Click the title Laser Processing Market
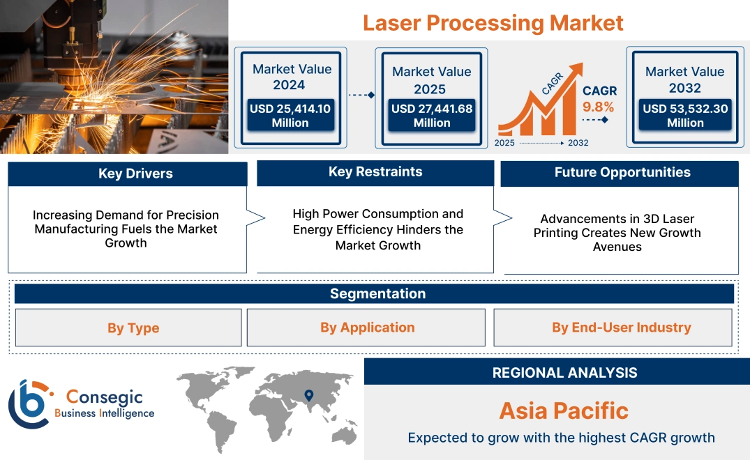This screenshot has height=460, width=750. (493, 22)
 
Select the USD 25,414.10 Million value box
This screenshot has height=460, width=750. (290, 116)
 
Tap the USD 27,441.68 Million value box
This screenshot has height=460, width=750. (431, 116)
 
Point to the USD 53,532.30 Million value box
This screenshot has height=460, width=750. (684, 116)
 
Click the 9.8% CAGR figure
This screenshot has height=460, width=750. (599, 107)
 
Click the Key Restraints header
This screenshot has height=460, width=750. (375, 172)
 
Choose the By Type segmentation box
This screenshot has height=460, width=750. (133, 328)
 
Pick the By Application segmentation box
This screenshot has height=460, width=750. (367, 328)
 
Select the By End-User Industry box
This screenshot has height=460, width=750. (621, 328)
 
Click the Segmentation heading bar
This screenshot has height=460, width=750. (377, 293)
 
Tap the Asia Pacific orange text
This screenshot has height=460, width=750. (564, 411)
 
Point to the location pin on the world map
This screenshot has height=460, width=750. (308, 396)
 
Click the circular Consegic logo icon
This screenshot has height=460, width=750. (28, 404)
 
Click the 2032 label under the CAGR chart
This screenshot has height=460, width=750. (578, 143)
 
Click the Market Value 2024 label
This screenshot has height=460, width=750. (292, 77)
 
